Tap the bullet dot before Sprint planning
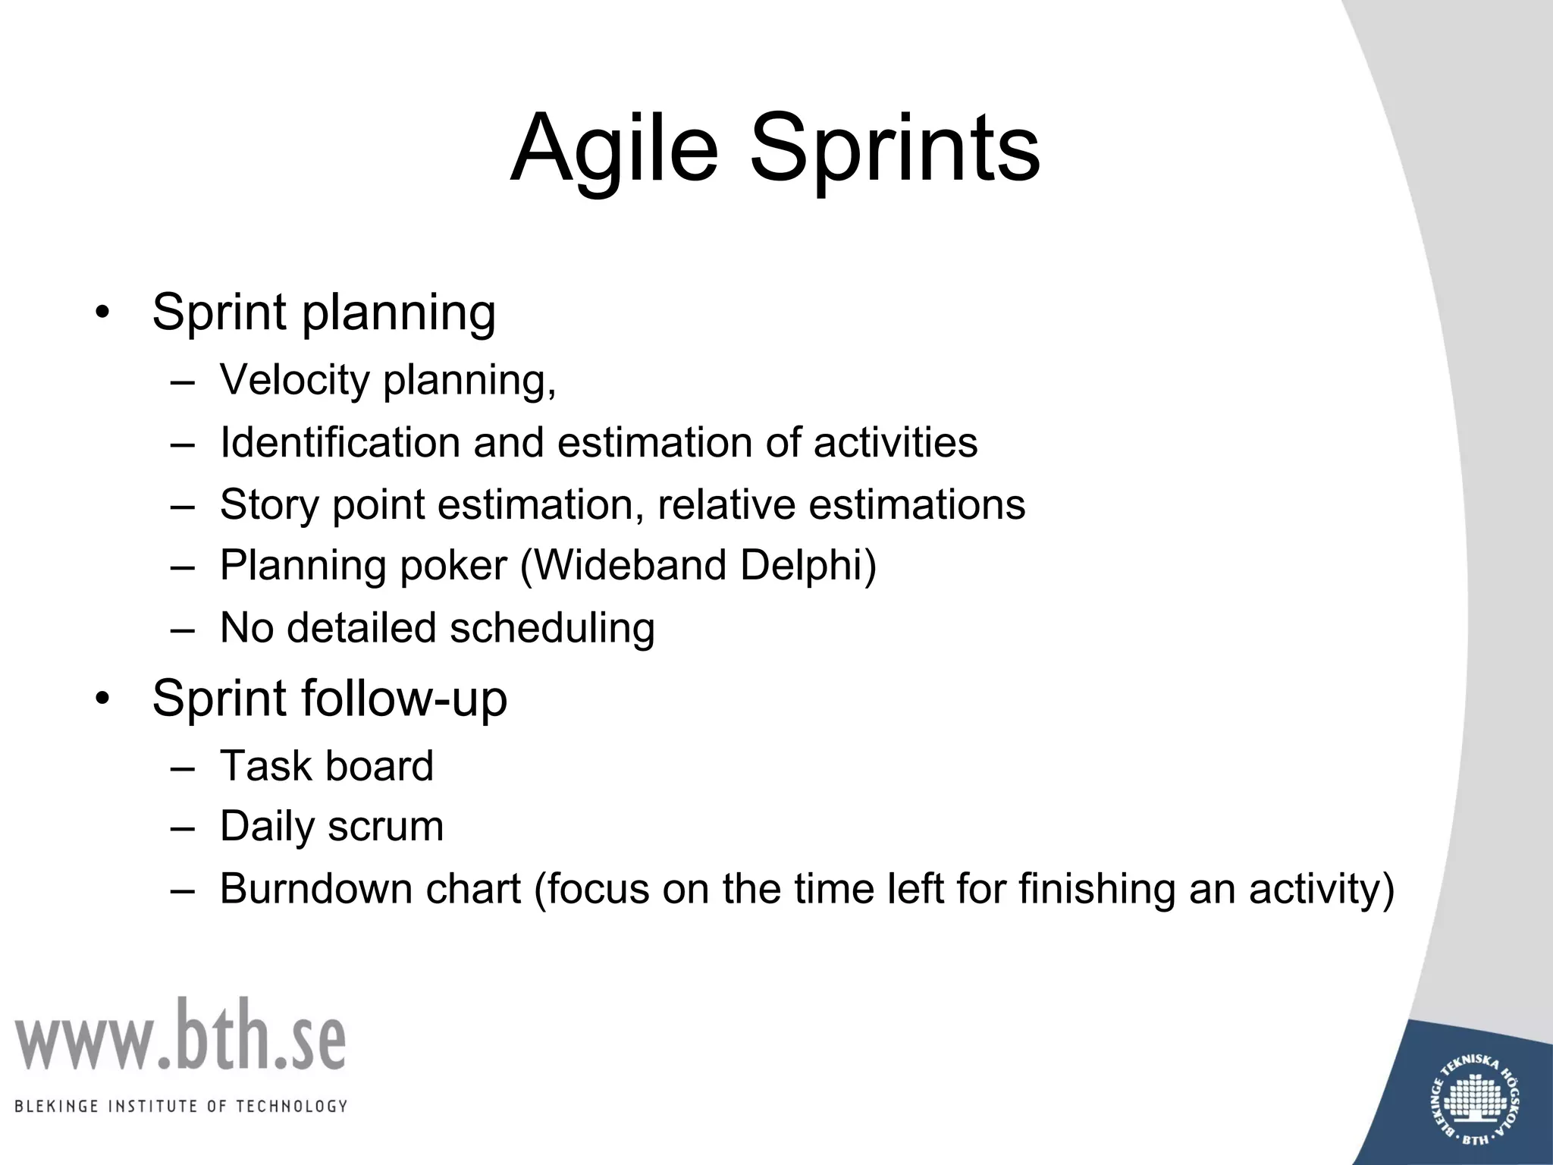tap(103, 313)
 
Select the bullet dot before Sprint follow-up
tap(103, 699)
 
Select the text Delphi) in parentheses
tap(808, 565)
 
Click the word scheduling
tap(552, 628)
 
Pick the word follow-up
tap(404, 699)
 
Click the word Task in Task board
tap(265, 765)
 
